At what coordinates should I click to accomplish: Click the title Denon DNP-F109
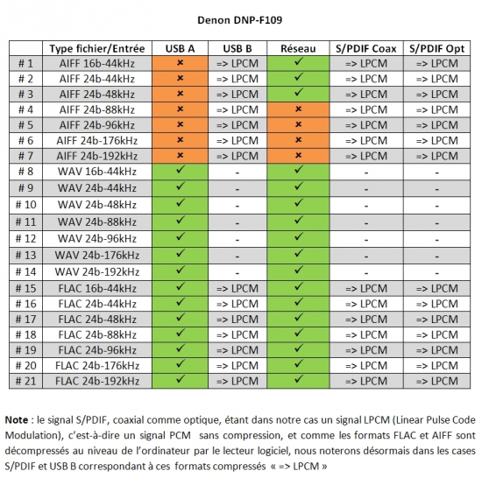point(240,20)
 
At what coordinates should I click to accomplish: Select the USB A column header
point(180,48)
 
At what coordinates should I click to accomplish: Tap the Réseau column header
point(298,48)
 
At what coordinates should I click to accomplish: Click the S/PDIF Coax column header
point(366,48)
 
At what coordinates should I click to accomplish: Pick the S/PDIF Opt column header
point(436,48)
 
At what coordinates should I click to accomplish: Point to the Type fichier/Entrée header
point(97,48)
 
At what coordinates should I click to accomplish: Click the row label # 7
point(25,156)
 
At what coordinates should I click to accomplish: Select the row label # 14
point(25,271)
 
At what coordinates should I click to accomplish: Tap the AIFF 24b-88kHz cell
point(97,109)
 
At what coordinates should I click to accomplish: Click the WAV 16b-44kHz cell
point(97,172)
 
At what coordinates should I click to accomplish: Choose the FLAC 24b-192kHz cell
point(97,381)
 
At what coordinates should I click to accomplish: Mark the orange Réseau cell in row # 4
point(298,109)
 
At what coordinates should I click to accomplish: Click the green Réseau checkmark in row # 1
point(298,61)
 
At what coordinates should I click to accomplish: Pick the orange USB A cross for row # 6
point(181,140)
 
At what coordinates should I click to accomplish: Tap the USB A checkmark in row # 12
point(181,236)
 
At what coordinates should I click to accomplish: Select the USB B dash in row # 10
point(237,206)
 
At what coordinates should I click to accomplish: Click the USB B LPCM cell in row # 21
point(237,381)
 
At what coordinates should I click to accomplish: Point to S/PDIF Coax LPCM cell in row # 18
point(366,334)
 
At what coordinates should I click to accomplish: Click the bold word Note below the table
point(17,419)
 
